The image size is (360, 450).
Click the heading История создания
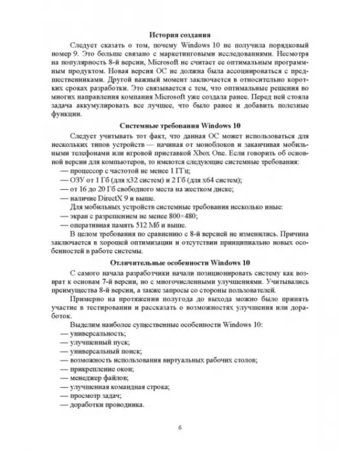180,35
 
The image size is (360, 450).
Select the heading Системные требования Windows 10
180,127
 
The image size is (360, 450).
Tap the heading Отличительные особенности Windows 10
180,263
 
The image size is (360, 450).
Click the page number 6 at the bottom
180,427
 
